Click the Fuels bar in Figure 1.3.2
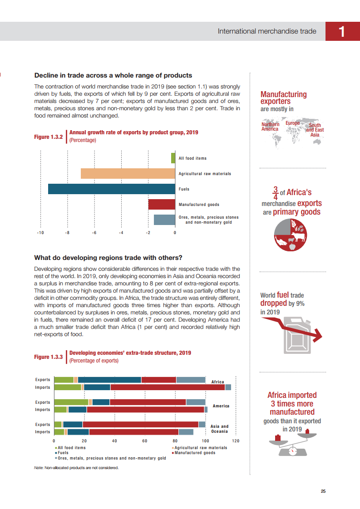pyautogui.click(x=111, y=189)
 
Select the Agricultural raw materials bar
pyautogui.click(x=128, y=173)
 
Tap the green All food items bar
pyautogui.click(x=173, y=158)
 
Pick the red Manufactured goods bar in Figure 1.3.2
pyautogui.click(x=162, y=205)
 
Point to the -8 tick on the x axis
pyautogui.click(x=67, y=233)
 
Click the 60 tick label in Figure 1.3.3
pyautogui.click(x=145, y=440)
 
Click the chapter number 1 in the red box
pyautogui.click(x=342, y=32)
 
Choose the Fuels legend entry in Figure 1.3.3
pyautogui.click(x=63, y=453)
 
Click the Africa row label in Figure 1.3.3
pyautogui.click(x=218, y=382)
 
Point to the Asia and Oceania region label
pyautogui.click(x=220, y=429)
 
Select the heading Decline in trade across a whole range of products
pyautogui.click(x=113, y=75)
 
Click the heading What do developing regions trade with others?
pyautogui.click(x=108, y=258)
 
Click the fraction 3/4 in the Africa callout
pyautogui.click(x=275, y=192)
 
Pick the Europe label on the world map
pyautogui.click(x=292, y=123)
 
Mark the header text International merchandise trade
pyautogui.click(x=266, y=31)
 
